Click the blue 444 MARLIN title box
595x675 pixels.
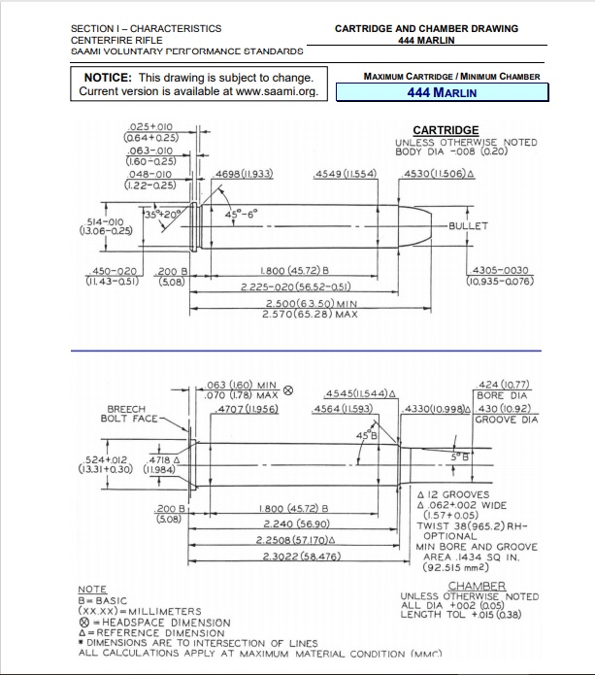tap(442, 93)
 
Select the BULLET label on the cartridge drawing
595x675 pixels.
tap(468, 226)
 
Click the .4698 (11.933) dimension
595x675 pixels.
tap(243, 174)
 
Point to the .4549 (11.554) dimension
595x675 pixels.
tap(346, 174)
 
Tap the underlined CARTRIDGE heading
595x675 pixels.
tap(446, 130)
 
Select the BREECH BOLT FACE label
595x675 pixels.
tap(130, 414)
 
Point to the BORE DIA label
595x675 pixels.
tap(504, 396)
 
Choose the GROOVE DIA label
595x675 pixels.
tap(505, 420)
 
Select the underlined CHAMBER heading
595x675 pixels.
tap(478, 586)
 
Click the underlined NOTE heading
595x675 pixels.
tap(92, 590)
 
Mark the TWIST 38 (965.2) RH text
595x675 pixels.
tap(471, 524)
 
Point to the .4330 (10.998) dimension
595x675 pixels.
tap(437, 410)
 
